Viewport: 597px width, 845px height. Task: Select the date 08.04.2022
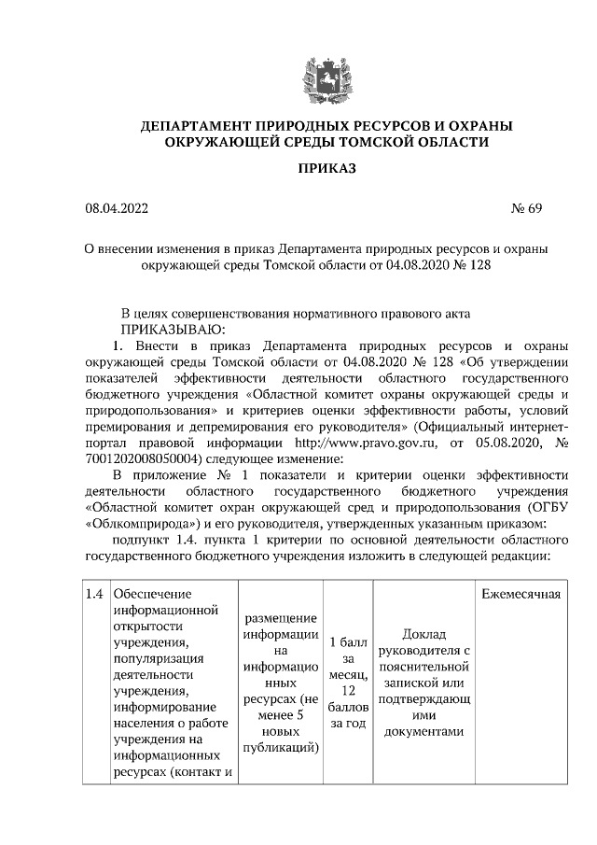pyautogui.click(x=116, y=208)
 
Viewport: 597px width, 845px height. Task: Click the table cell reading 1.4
pyautogui.click(x=94, y=595)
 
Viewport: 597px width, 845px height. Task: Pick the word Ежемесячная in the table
pyautogui.click(x=521, y=595)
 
